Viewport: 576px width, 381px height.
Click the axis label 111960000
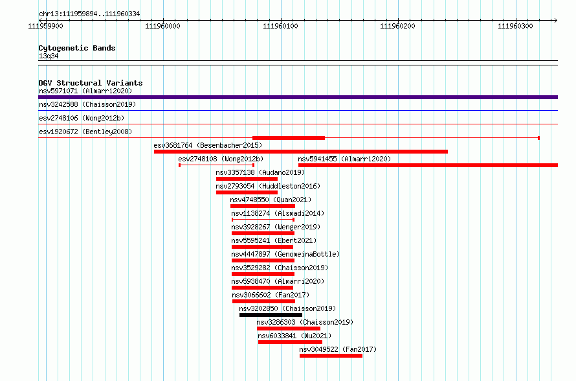point(162,26)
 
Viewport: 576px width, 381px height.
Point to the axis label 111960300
point(515,26)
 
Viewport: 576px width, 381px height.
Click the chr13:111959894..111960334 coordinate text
point(89,14)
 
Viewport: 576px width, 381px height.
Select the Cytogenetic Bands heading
point(77,48)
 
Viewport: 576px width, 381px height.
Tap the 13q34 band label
point(49,56)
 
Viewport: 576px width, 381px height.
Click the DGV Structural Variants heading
point(91,83)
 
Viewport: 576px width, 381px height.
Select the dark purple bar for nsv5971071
point(298,97)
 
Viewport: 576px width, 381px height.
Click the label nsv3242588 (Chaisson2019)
point(87,104)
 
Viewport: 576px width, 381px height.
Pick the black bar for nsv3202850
point(271,315)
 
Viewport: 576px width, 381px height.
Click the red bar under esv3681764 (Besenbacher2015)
point(301,152)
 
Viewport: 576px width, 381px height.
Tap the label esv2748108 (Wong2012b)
point(221,159)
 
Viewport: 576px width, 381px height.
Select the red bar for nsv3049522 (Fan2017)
point(331,356)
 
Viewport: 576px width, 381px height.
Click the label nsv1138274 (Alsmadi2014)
point(278,213)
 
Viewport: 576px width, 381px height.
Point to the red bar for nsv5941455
point(428,165)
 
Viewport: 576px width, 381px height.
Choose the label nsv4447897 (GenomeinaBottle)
point(285,254)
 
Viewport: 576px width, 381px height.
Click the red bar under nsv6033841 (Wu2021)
point(290,342)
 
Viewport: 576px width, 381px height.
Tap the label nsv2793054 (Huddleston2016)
point(268,186)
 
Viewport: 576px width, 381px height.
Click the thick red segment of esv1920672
point(289,138)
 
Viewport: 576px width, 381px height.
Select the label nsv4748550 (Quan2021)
point(271,200)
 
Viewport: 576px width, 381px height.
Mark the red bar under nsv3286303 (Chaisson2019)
point(289,329)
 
